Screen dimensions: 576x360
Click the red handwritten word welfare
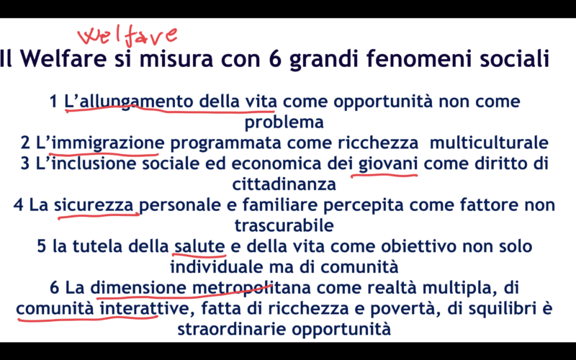pos(127,37)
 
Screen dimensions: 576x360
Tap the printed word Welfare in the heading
pos(63,59)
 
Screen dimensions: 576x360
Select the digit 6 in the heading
pos(275,59)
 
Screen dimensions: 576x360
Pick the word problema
pos(284,122)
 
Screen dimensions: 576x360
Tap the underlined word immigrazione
pos(106,143)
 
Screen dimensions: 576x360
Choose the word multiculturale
pos(489,143)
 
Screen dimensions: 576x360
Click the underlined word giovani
pos(388,164)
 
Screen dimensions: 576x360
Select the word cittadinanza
pos(284,184)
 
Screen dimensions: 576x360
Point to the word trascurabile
pos(284,225)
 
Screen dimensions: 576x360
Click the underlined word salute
pos(199,246)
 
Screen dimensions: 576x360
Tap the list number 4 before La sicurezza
pos(19,205)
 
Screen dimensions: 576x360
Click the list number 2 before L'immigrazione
pos(25,143)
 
